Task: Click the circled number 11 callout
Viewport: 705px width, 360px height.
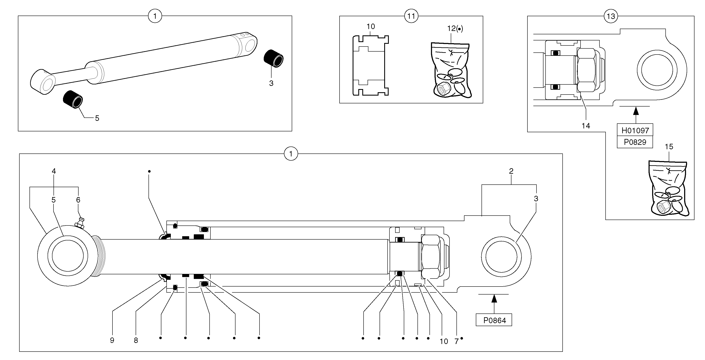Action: point(411,16)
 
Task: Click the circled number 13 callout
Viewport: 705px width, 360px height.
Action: point(611,16)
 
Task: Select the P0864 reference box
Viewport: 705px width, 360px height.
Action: point(494,320)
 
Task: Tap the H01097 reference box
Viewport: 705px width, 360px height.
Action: point(635,130)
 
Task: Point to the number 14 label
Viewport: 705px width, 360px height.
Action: point(586,126)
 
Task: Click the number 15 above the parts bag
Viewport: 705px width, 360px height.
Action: point(669,147)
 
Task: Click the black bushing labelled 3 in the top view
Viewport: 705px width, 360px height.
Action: point(273,58)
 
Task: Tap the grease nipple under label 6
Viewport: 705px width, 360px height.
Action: point(80,223)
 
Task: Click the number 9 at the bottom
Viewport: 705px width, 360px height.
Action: point(112,341)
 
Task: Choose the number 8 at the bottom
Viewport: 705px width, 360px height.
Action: point(136,341)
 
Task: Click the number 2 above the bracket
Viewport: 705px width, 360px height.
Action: point(511,171)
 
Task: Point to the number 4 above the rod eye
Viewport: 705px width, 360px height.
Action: point(54,171)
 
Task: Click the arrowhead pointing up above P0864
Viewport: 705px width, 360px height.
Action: point(494,299)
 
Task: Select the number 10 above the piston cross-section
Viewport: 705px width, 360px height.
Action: point(371,27)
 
